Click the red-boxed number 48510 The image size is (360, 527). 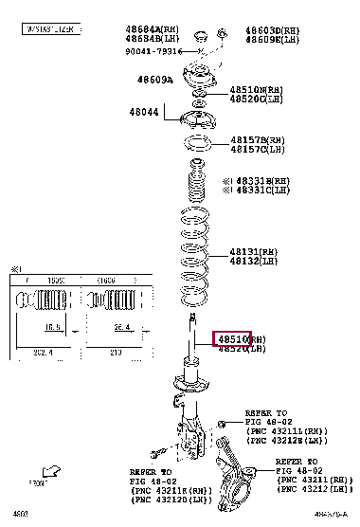[233, 338]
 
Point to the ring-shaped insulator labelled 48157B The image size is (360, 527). [196, 146]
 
